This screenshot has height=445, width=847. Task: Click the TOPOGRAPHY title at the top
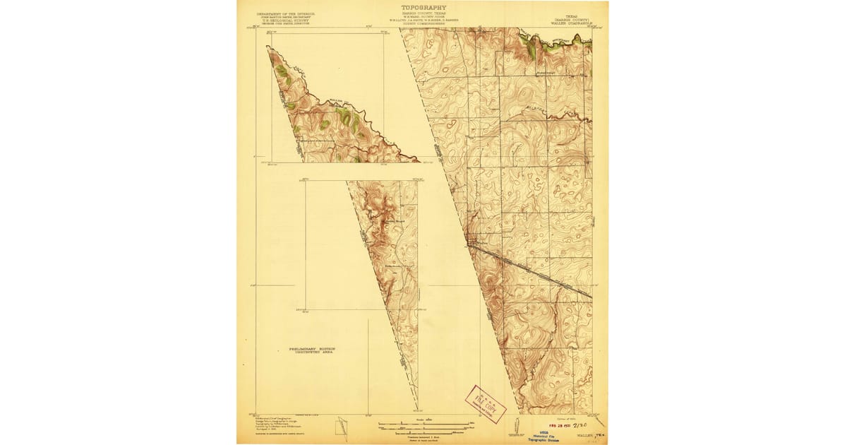click(423, 8)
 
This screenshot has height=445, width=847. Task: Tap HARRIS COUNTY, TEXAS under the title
click(423, 13)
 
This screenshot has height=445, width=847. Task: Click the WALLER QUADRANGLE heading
click(570, 23)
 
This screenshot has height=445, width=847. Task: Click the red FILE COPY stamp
click(486, 404)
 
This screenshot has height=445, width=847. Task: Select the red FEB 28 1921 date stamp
click(557, 427)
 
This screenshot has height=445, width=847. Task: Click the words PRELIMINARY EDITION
click(312, 348)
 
